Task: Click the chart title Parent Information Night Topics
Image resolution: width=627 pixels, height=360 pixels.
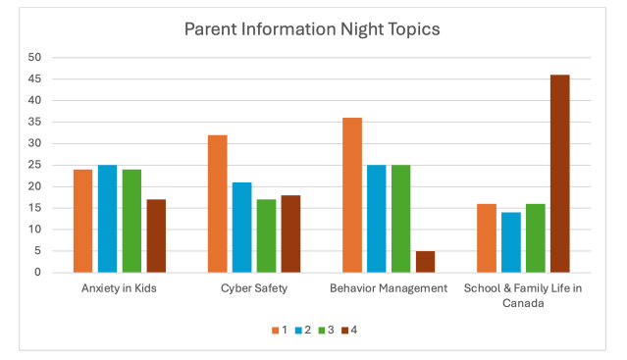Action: pyautogui.click(x=312, y=28)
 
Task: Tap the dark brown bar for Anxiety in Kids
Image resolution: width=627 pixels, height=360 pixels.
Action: pyautogui.click(x=156, y=235)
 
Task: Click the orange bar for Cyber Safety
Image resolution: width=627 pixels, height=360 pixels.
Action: pyautogui.click(x=217, y=203)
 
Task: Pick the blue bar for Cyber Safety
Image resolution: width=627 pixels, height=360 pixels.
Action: pyautogui.click(x=241, y=227)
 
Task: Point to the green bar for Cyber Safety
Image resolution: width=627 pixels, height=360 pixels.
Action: pyautogui.click(x=266, y=235)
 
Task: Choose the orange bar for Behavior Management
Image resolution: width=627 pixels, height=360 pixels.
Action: pyautogui.click(x=351, y=194)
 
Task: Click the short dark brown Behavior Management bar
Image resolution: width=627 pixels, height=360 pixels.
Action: pyautogui.click(x=426, y=261)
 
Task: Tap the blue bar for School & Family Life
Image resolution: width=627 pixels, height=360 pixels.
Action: pyautogui.click(x=510, y=242)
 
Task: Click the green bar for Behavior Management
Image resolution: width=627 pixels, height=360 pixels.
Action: pyautogui.click(x=400, y=219)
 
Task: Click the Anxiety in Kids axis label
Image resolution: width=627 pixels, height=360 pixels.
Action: pyautogui.click(x=119, y=288)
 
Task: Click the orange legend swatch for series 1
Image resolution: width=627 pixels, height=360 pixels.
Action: pyautogui.click(x=275, y=330)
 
